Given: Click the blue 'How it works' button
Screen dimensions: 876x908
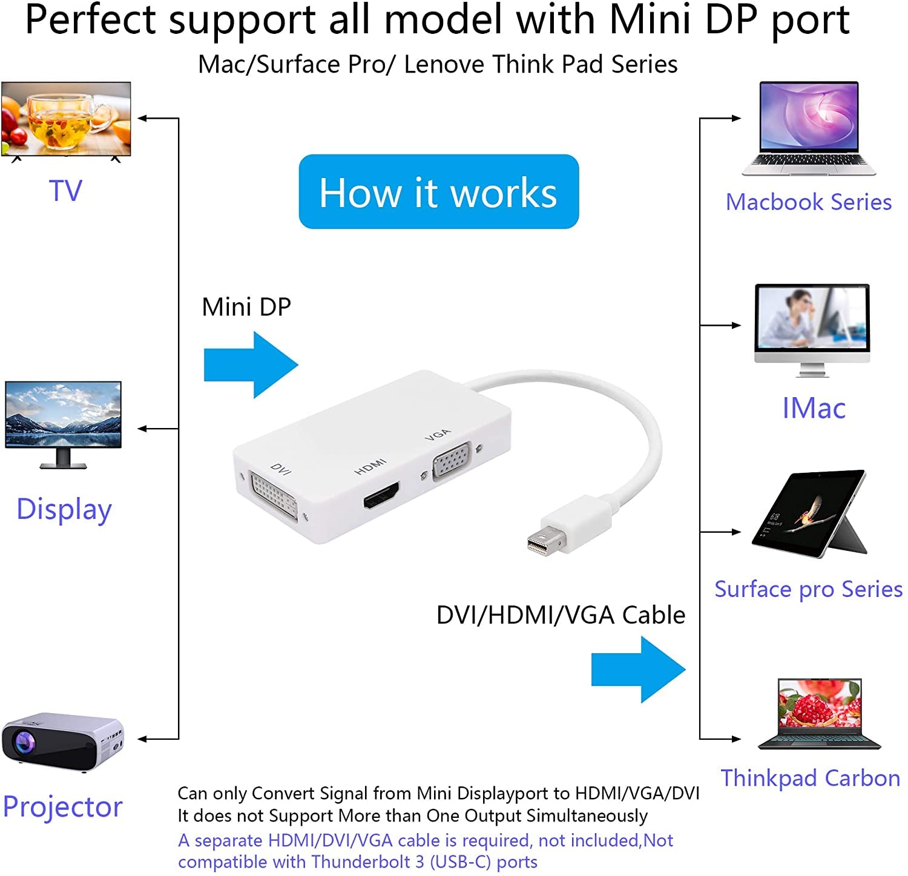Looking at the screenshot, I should pyautogui.click(x=438, y=192).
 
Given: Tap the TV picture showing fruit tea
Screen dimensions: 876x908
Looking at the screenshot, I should pyautogui.click(x=66, y=119).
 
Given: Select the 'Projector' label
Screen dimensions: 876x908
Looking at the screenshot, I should pyautogui.click(x=62, y=807).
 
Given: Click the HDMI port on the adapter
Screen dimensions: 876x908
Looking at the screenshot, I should pyautogui.click(x=381, y=495).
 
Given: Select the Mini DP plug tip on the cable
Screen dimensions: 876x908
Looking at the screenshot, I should pyautogui.click(x=539, y=542).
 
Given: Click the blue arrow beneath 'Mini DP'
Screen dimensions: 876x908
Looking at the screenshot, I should pyautogui.click(x=251, y=365).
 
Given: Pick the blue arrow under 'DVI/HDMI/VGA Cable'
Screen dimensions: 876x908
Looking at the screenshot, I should pyautogui.click(x=638, y=669).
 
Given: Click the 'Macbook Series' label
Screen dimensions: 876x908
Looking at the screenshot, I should pyautogui.click(x=808, y=202).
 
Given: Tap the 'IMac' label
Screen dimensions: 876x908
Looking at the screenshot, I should pyautogui.click(x=814, y=408).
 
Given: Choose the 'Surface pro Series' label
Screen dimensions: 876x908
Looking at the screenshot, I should pyautogui.click(x=808, y=589).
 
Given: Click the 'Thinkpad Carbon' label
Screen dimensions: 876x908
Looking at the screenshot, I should pyautogui.click(x=811, y=778).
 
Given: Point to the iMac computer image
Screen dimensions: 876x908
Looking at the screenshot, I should pyautogui.click(x=812, y=327).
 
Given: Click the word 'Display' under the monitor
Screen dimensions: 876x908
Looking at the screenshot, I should pyautogui.click(x=64, y=510).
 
